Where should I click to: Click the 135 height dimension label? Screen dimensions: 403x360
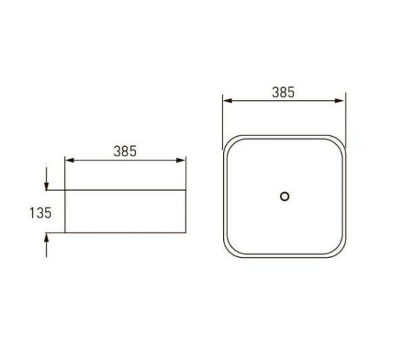pyautogui.click(x=40, y=213)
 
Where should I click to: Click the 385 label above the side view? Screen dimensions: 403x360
pyautogui.click(x=125, y=151)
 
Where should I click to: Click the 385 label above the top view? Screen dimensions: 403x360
pyautogui.click(x=284, y=92)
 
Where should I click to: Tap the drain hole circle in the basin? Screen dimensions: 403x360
pyautogui.click(x=284, y=197)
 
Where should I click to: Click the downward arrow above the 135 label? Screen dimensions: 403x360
pyautogui.click(x=46, y=179)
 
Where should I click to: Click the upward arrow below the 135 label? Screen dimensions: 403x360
pyautogui.click(x=46, y=246)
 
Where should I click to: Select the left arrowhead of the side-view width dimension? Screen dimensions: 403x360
pyautogui.click(x=70, y=161)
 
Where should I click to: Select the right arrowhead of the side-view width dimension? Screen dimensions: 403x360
pyautogui.click(x=181, y=161)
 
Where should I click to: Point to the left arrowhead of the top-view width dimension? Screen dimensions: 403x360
pyautogui.click(x=227, y=101)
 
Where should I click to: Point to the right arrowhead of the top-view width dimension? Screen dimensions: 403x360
pyautogui.click(x=339, y=101)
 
